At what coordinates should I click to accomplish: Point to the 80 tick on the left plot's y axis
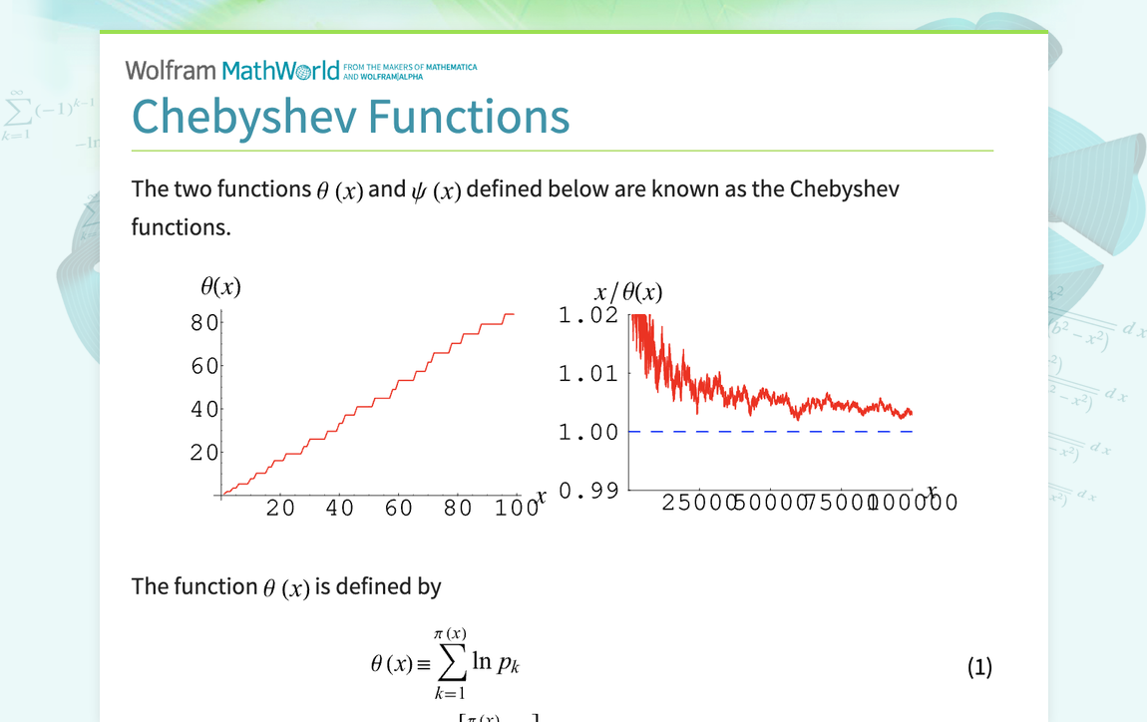(x=204, y=322)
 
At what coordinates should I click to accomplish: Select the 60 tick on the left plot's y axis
(x=204, y=366)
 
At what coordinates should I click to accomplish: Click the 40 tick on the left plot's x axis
(x=340, y=508)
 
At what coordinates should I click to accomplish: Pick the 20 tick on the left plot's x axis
(x=281, y=508)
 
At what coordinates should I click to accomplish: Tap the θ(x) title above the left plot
(x=220, y=287)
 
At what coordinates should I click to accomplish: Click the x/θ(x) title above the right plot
(x=628, y=292)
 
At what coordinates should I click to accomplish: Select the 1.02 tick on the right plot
(x=587, y=316)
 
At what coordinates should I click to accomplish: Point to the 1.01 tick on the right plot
(x=587, y=374)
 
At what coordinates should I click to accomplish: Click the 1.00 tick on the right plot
(x=587, y=432)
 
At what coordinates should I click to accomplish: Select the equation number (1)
(x=979, y=667)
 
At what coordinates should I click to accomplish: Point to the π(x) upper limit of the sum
(x=451, y=634)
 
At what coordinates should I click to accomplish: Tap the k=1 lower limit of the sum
(x=450, y=693)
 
